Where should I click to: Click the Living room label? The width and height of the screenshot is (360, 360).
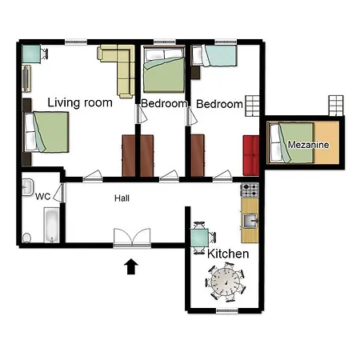click(x=80, y=102)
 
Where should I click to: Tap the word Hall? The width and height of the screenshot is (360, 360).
click(x=122, y=198)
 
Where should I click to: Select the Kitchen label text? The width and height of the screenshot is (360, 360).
click(x=228, y=254)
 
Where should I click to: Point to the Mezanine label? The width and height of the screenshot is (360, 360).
click(x=308, y=145)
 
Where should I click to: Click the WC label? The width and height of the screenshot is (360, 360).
click(x=42, y=197)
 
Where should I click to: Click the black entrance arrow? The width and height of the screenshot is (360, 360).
click(x=131, y=266)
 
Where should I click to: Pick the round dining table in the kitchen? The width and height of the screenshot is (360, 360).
click(x=226, y=282)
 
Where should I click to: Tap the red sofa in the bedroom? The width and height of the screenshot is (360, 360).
click(x=251, y=155)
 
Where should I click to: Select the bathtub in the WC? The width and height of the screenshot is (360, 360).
click(x=52, y=226)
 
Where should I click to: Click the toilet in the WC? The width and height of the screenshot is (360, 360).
click(x=26, y=238)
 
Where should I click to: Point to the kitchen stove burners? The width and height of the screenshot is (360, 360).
click(x=250, y=190)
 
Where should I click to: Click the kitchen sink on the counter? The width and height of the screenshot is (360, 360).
click(x=250, y=221)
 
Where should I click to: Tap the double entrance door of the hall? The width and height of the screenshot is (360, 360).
click(x=132, y=238)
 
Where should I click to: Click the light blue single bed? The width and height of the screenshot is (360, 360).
click(x=214, y=55)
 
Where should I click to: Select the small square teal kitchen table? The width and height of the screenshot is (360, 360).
click(x=199, y=238)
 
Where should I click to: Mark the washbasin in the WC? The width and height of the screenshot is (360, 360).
click(x=27, y=187)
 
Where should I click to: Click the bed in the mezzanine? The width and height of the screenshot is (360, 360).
click(x=291, y=142)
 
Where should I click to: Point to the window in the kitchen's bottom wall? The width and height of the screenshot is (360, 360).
click(x=227, y=310)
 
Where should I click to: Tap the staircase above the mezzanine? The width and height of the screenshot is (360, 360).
click(x=336, y=106)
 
